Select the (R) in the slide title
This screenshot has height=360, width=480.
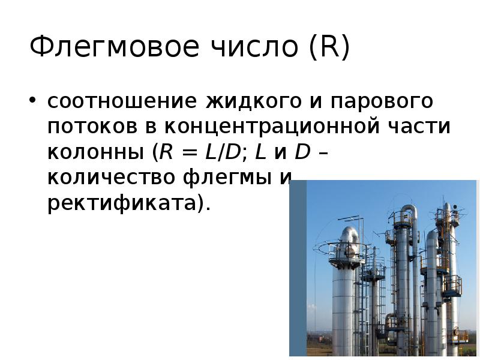[x=329, y=47]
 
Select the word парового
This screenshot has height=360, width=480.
[x=383, y=101]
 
